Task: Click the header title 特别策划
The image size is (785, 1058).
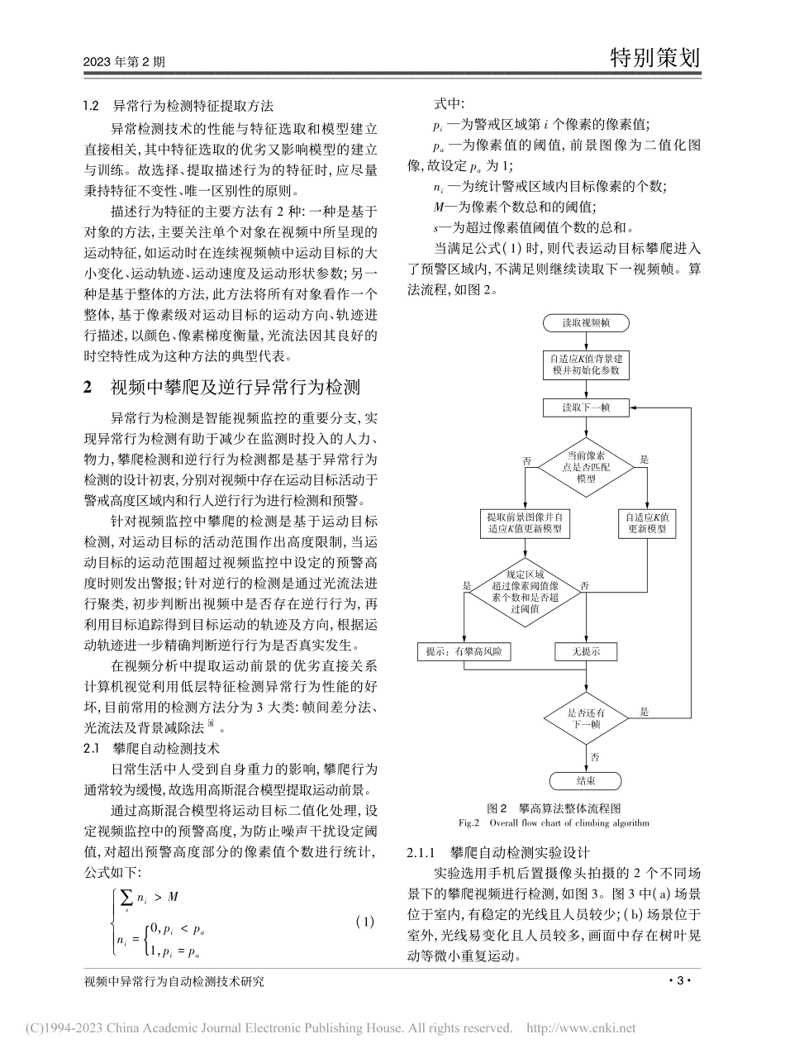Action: pos(654,58)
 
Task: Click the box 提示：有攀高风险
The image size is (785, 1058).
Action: pos(465,651)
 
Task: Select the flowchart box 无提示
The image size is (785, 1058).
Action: pos(585,651)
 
